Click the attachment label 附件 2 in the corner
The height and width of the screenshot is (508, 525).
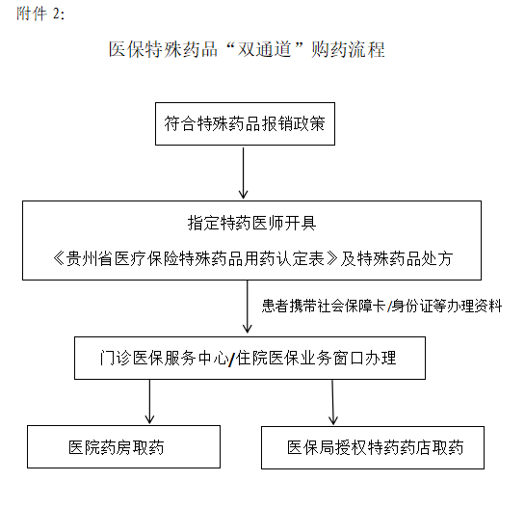[x=40, y=14]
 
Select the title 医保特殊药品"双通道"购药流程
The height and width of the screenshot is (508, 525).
[x=247, y=49]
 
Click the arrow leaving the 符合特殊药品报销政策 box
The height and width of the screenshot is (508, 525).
[x=244, y=173]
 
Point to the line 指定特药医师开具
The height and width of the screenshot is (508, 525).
[x=251, y=223]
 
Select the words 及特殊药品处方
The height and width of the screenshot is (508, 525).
[x=397, y=258]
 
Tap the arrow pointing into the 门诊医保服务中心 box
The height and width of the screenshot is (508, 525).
[x=248, y=307]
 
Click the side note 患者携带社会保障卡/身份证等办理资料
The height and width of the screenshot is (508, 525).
[x=381, y=306]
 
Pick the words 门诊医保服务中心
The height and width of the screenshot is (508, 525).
[x=164, y=358]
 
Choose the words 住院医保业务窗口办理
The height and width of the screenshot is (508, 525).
[x=316, y=358]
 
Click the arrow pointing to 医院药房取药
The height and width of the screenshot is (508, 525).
[x=149, y=402]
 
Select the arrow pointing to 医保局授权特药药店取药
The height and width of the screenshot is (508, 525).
[x=332, y=402]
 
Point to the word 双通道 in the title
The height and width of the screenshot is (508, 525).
[x=264, y=49]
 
